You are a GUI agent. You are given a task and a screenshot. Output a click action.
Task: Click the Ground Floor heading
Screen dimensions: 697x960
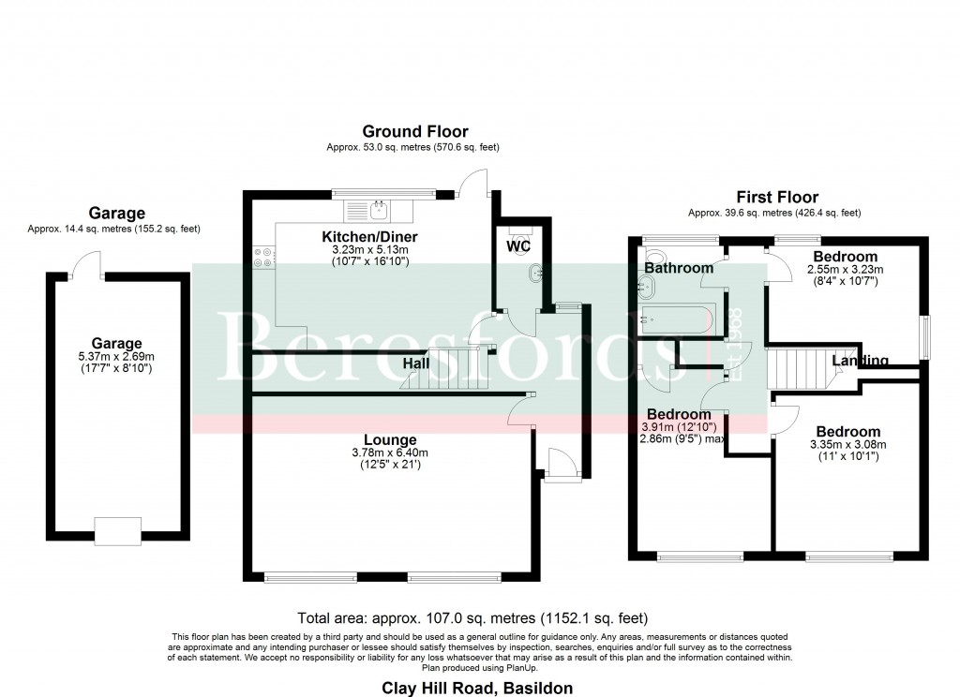[x=415, y=132]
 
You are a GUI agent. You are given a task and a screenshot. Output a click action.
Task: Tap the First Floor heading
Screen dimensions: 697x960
[x=776, y=198]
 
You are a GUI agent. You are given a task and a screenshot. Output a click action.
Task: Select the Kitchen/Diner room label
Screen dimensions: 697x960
[x=369, y=236]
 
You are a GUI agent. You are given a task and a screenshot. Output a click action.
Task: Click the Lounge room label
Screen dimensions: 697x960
[x=392, y=439]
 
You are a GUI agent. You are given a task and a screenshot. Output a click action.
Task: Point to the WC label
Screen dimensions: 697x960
[x=518, y=247]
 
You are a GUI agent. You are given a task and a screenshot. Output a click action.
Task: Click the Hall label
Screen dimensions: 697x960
[x=417, y=363]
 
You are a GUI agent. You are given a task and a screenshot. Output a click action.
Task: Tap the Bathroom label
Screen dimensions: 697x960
[x=679, y=268]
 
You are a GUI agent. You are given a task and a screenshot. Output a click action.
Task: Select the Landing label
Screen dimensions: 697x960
[x=860, y=361]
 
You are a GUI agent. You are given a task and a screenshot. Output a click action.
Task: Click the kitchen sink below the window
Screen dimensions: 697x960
[x=378, y=208]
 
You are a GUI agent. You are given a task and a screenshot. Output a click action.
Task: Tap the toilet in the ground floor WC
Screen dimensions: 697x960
[x=518, y=228]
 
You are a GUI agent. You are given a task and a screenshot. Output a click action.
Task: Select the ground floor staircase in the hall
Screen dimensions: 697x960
[x=448, y=370]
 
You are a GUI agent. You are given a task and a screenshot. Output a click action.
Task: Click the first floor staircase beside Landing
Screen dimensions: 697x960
[x=799, y=368]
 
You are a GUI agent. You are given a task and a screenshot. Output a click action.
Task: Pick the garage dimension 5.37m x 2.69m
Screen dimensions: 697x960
[x=116, y=356]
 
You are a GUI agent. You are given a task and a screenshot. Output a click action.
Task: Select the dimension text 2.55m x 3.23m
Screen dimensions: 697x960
[x=845, y=270]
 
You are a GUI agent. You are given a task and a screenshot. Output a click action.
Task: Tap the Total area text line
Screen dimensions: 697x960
[x=472, y=618]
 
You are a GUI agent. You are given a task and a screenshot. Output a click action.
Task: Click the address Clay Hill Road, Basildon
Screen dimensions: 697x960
[x=476, y=688]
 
